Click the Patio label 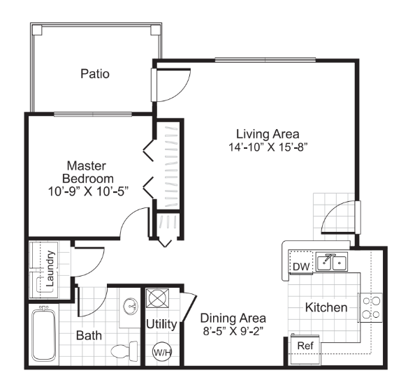(x=94, y=73)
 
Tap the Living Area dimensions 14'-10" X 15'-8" (x=268, y=147)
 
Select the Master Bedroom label (x=86, y=172)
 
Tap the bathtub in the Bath (x=45, y=336)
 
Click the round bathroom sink (x=130, y=307)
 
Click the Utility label (x=161, y=323)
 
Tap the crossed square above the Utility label (x=157, y=300)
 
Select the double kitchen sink (x=332, y=263)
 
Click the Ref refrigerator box (x=305, y=345)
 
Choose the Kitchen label (x=326, y=307)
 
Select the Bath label (x=89, y=335)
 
